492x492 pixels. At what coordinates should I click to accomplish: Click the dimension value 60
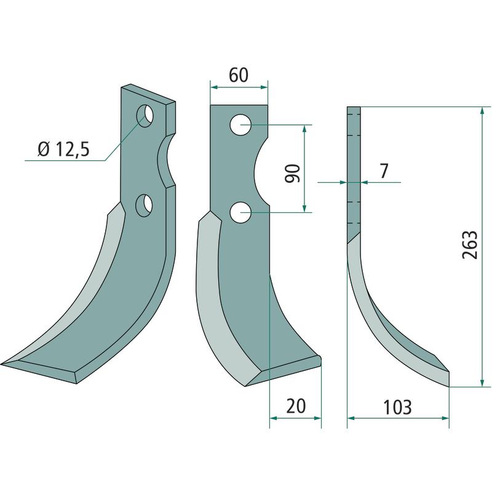point(239,76)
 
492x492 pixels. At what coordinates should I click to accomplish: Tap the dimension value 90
point(293,173)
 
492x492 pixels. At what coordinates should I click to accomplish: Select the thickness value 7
point(384,171)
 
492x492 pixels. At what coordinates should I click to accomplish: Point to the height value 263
point(470,245)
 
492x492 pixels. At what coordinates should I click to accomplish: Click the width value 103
point(397,407)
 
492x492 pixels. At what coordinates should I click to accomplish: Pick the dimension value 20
point(296,407)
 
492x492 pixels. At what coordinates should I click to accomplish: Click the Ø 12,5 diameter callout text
point(64,149)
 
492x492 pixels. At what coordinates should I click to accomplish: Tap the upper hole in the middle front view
point(240,125)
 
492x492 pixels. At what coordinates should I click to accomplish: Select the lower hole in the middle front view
point(240,213)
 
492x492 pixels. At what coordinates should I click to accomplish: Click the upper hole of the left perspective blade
point(145,116)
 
